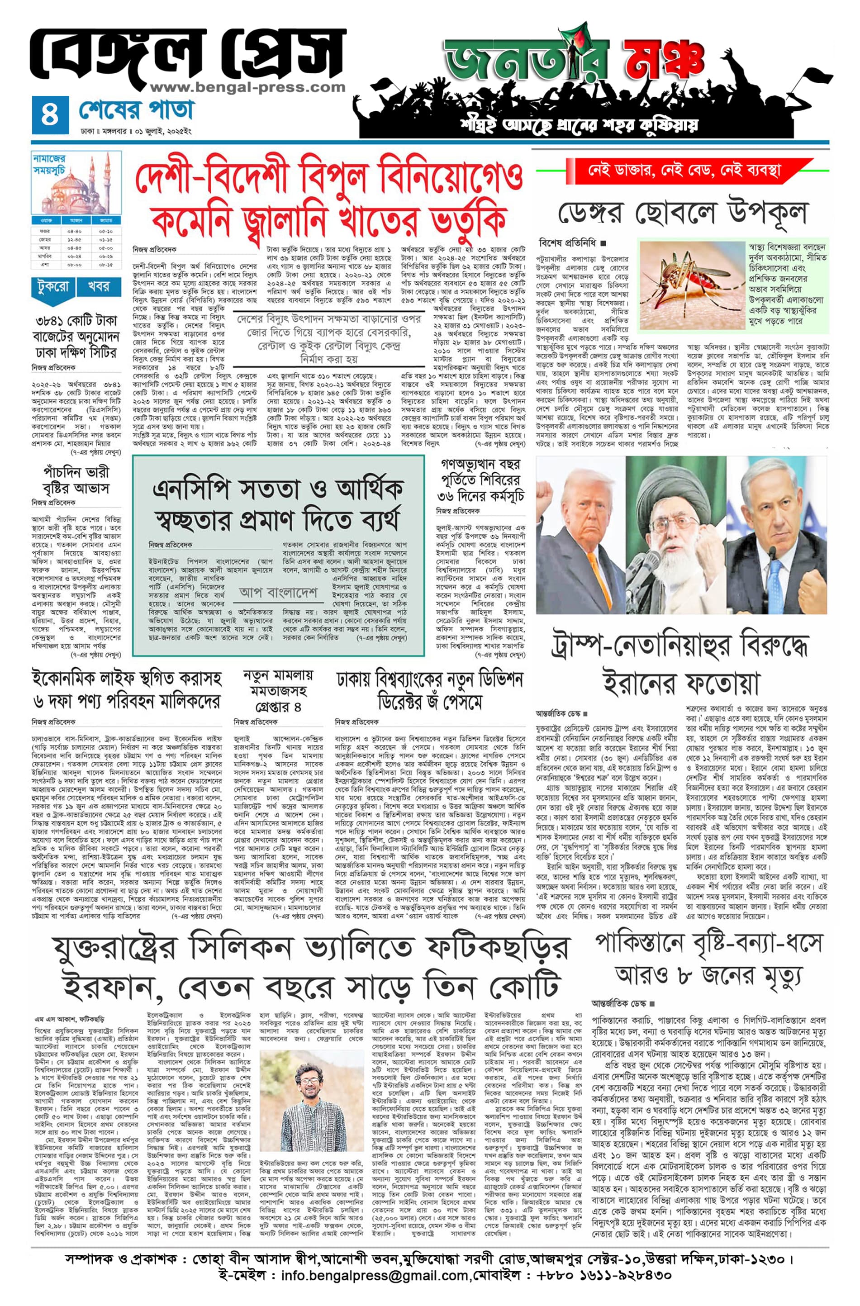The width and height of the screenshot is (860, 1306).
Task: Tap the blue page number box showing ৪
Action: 50,115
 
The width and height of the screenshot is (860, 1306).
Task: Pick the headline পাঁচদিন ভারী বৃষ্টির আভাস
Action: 76,480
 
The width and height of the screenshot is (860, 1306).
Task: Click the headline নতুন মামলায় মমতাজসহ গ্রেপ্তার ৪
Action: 278,690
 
